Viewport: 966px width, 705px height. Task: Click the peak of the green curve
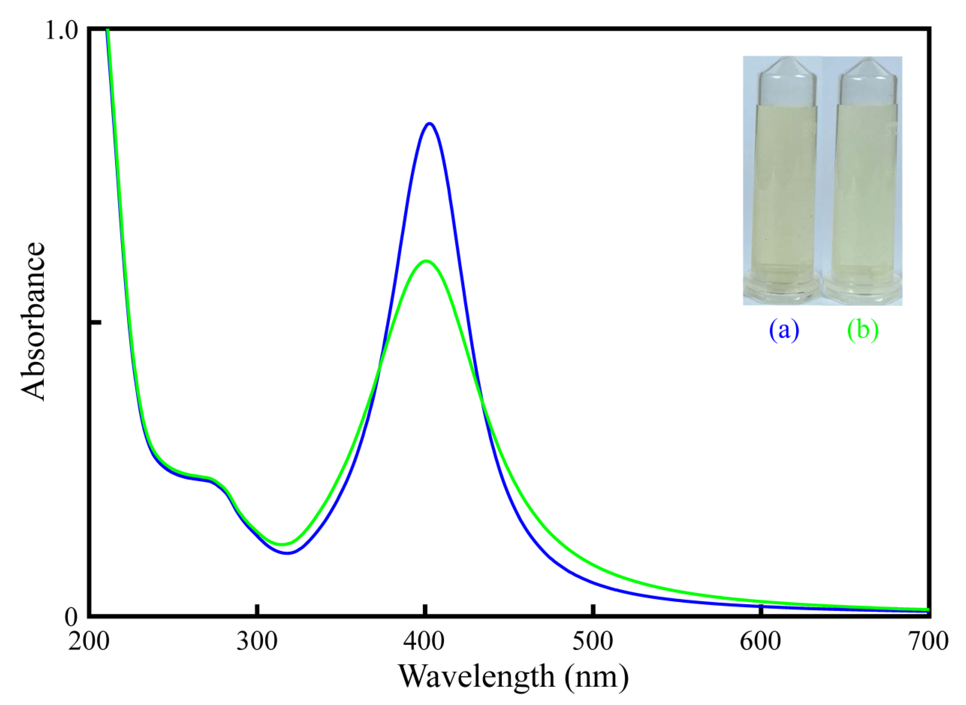426,261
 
